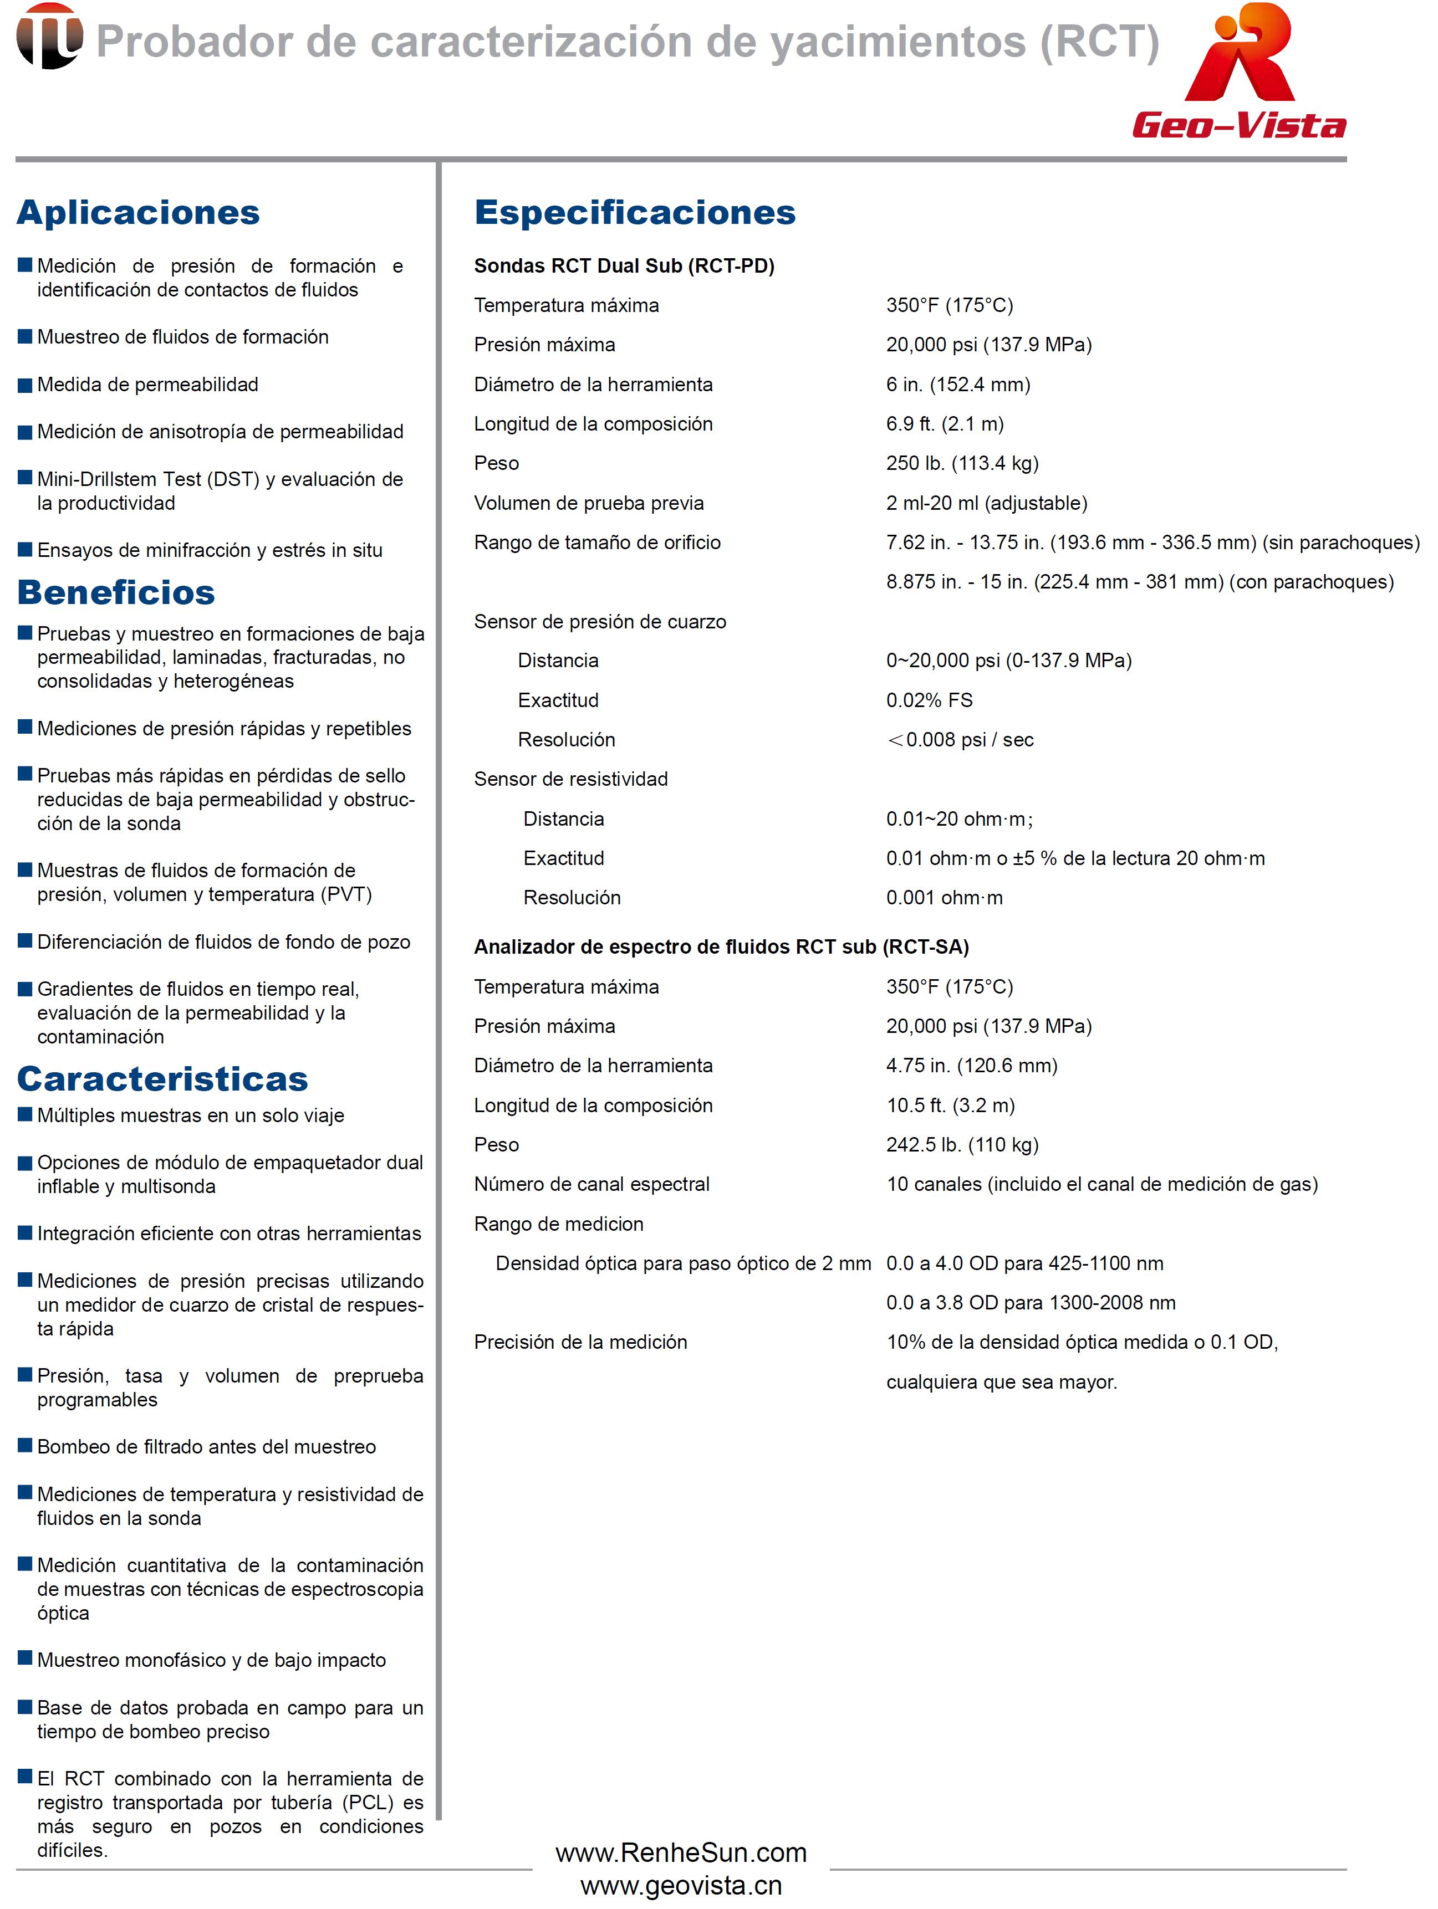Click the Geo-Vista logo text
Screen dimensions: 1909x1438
(1238, 126)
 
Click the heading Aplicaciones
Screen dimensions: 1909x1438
(138, 212)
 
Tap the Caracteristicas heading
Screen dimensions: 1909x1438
(162, 1079)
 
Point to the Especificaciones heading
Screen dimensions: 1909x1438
(634, 212)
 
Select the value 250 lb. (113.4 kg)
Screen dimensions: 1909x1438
(962, 463)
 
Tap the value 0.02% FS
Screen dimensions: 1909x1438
(929, 700)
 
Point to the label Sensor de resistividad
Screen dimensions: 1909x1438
(570, 779)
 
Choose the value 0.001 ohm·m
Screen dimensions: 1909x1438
(944, 898)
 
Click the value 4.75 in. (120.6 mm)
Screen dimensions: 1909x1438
(972, 1066)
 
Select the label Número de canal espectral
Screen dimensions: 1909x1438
(591, 1184)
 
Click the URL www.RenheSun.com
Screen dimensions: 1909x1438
(681, 1853)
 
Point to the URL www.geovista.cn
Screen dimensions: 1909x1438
(681, 1886)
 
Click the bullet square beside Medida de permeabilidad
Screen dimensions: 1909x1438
(25, 385)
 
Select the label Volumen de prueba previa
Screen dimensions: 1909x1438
(589, 503)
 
